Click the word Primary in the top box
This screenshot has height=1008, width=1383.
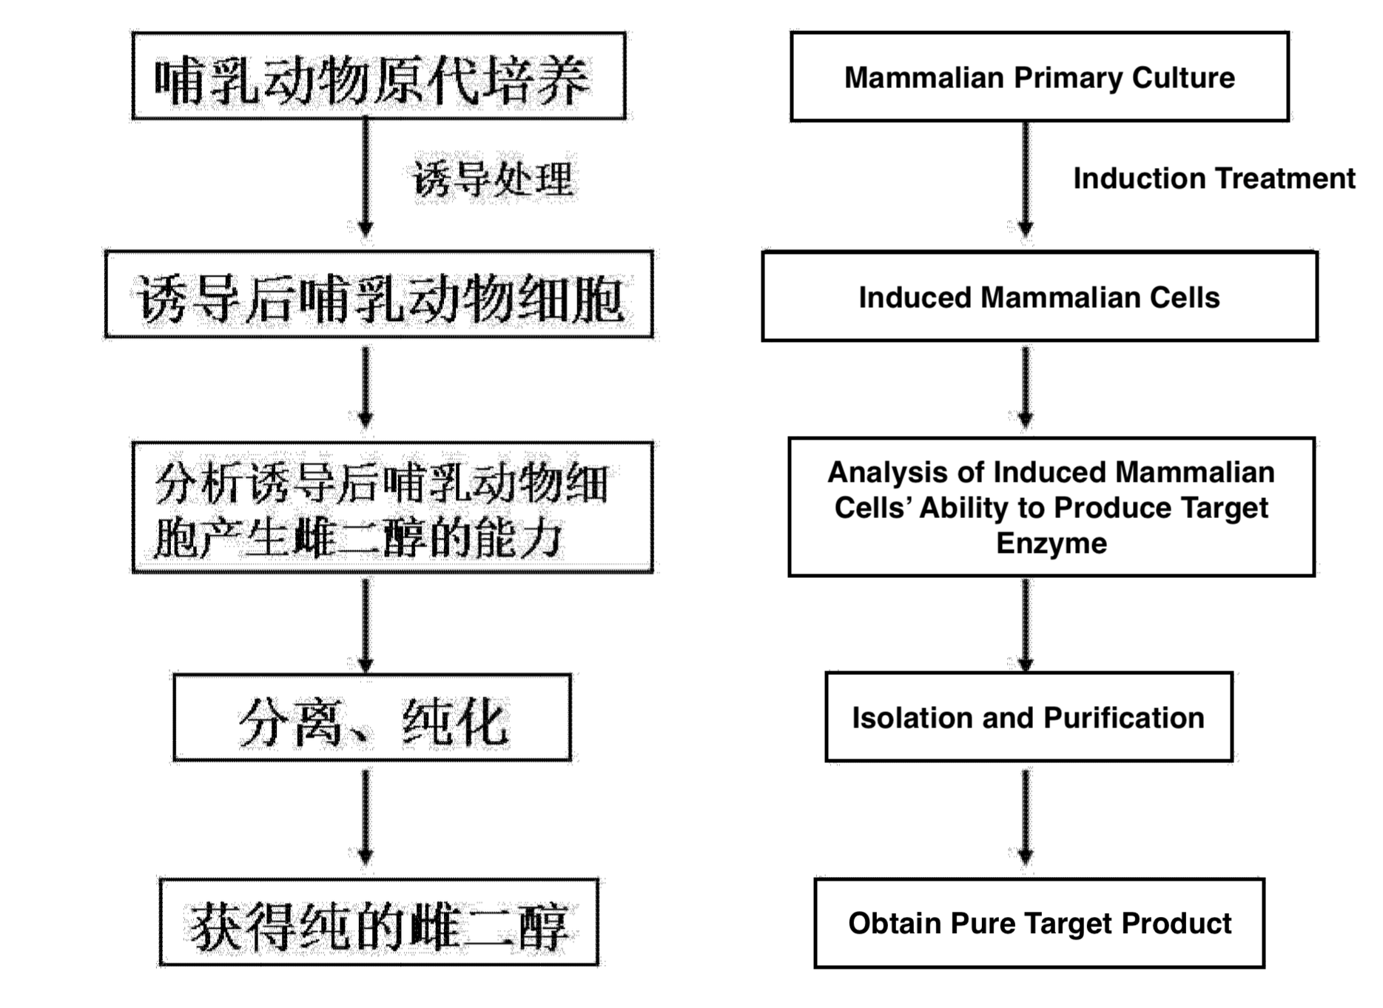[x=1068, y=78]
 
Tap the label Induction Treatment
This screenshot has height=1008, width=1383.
[x=1214, y=178]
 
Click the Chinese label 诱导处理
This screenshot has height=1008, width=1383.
[x=493, y=179]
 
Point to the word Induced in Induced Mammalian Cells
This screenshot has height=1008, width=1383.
[x=915, y=298]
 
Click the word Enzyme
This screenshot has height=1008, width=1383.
[x=1051, y=543]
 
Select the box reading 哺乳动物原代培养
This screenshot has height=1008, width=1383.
[x=378, y=76]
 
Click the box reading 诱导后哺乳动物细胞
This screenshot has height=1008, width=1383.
[x=378, y=295]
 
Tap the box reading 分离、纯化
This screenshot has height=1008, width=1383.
[x=372, y=718]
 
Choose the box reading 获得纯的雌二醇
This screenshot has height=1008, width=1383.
[x=378, y=923]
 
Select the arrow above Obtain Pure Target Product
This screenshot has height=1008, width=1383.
[x=1025, y=817]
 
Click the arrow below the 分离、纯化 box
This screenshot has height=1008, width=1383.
[x=366, y=817]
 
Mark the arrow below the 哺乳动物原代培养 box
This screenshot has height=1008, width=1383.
[x=366, y=178]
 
